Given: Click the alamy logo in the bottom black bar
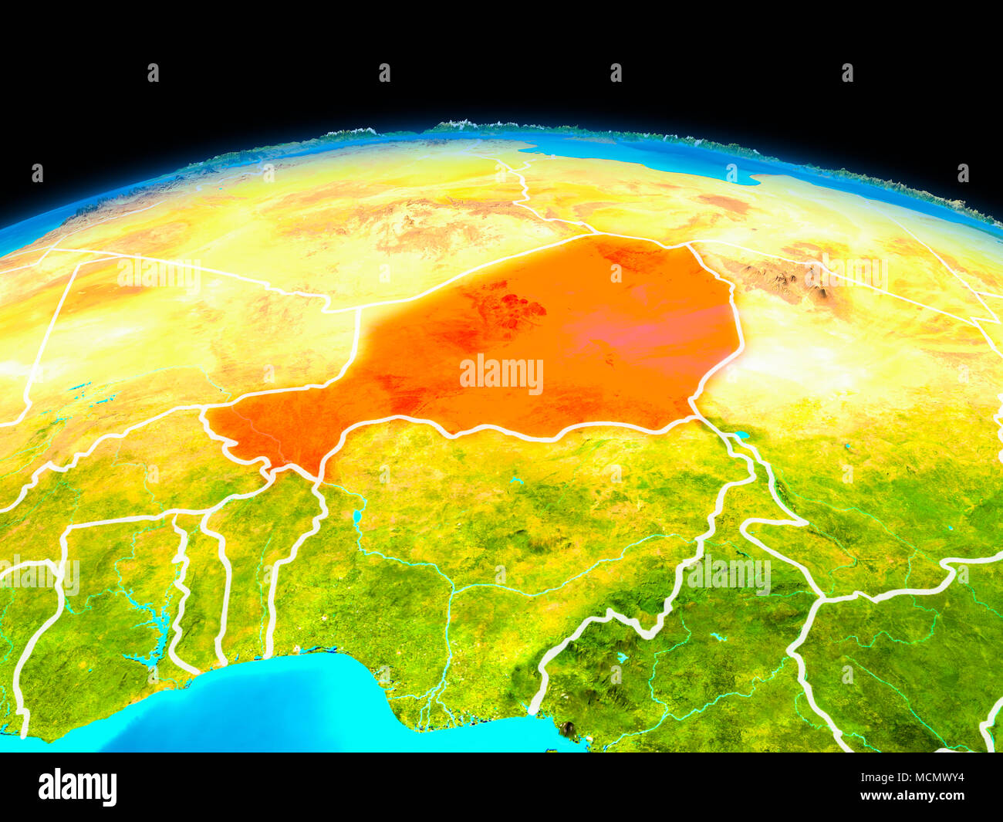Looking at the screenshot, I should point(77,787).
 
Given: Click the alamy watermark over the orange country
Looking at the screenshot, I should point(501,375).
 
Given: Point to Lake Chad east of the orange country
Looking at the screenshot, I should point(739,436).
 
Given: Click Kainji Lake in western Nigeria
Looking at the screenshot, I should point(356,516).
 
